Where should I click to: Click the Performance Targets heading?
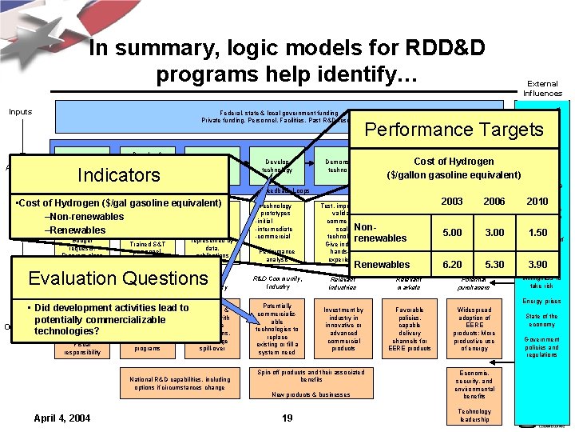point(454,130)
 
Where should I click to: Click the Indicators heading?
point(118,175)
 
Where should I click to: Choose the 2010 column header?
point(537,202)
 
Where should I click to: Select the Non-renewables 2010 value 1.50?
point(537,233)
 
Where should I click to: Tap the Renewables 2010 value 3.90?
point(537,265)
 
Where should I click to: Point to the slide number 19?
point(288,418)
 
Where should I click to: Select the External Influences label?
point(542,88)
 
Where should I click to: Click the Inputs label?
point(20,111)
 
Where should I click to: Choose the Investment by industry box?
point(343,327)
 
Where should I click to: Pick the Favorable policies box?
point(409,327)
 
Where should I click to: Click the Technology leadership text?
point(474,415)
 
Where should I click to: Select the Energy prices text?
point(541,302)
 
